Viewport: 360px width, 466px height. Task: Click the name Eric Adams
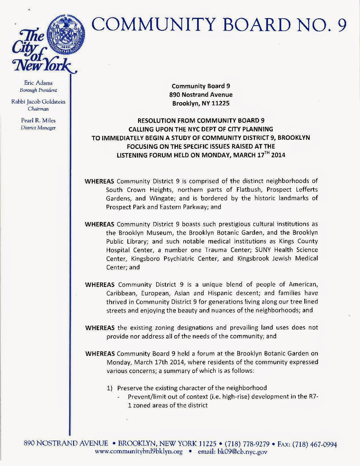coord(38,83)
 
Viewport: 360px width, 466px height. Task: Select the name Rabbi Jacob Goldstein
coord(38,102)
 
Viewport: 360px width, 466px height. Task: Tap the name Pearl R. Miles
coord(38,120)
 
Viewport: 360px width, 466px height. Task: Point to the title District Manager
coord(38,128)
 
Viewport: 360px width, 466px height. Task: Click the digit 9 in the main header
coord(342,26)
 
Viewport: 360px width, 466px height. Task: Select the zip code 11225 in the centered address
coord(219,103)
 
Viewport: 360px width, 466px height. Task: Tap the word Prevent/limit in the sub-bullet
coord(144,397)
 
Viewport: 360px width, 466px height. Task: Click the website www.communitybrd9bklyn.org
coord(139,452)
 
